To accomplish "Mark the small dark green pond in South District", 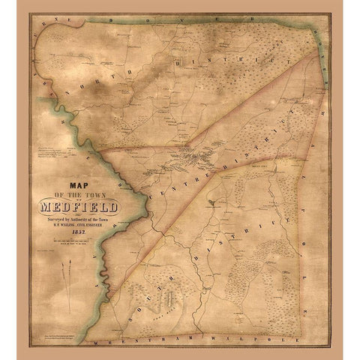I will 215,203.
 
